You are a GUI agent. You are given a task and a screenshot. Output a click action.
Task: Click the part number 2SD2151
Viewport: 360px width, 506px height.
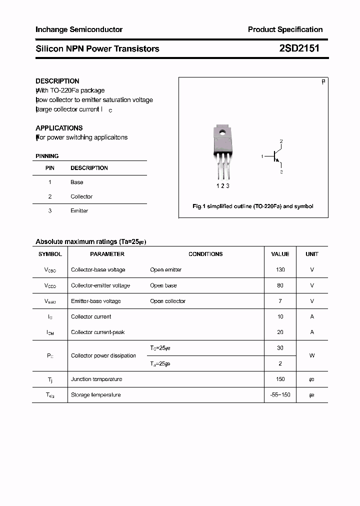pyautogui.click(x=299, y=48)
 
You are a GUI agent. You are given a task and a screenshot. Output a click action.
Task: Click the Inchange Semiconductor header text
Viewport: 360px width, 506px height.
pyautogui.click(x=79, y=29)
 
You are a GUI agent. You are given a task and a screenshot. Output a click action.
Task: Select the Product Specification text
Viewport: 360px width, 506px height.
pyautogui.click(x=285, y=29)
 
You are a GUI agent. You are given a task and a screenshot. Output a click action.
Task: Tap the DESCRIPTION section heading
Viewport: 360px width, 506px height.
pyautogui.click(x=57, y=81)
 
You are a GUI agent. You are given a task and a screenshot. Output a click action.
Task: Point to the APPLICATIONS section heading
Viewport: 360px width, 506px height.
pyautogui.click(x=59, y=128)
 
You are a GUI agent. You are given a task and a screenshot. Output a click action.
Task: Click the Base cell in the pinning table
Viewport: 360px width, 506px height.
pyautogui.click(x=76, y=182)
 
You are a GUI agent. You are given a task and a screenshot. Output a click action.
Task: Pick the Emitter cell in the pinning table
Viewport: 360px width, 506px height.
pyautogui.click(x=79, y=211)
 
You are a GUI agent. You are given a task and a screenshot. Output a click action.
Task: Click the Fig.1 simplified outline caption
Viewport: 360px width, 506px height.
pyautogui.click(x=253, y=206)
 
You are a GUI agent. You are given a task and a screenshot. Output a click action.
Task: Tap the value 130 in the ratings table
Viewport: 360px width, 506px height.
pyautogui.click(x=280, y=270)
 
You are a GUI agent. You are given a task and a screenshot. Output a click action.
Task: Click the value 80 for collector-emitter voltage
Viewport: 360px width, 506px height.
pyautogui.click(x=280, y=285)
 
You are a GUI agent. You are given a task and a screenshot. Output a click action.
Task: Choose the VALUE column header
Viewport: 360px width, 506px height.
pyautogui.click(x=280, y=254)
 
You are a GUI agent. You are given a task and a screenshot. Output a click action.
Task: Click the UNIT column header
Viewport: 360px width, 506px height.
pyautogui.click(x=312, y=254)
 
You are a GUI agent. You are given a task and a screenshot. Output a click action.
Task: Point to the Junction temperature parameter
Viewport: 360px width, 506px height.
pyautogui.click(x=96, y=379)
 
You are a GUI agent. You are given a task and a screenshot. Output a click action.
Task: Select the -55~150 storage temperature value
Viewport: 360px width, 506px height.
pyautogui.click(x=280, y=395)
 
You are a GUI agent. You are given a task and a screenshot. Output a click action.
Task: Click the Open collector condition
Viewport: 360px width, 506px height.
pyautogui.click(x=167, y=301)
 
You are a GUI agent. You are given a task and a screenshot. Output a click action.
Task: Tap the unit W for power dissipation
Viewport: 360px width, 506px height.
pyautogui.click(x=312, y=356)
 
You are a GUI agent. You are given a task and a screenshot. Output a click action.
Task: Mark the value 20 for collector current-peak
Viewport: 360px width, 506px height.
pyautogui.click(x=280, y=332)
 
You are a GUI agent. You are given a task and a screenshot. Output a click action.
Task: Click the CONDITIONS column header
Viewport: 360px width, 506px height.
pyautogui.click(x=205, y=254)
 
